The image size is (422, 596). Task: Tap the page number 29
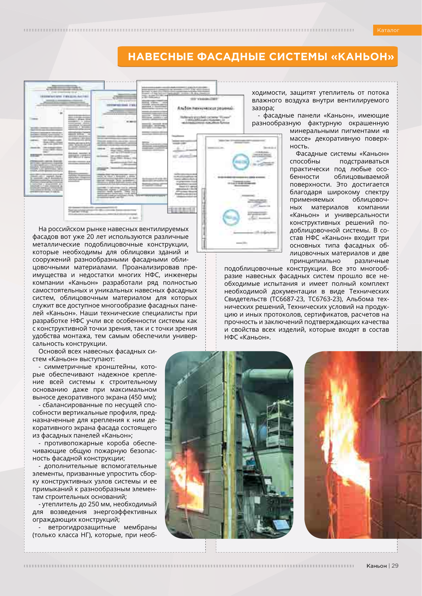click(x=395, y=565)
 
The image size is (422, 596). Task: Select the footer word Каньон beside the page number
click(x=376, y=566)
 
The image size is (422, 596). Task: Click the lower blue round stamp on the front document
click(x=231, y=217)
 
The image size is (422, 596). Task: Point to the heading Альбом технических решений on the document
click(x=205, y=108)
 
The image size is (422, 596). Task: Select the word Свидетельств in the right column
click(x=246, y=299)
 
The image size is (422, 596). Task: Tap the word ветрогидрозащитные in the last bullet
click(x=82, y=527)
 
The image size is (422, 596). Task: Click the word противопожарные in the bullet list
click(x=74, y=443)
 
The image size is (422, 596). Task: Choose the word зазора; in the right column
click(x=263, y=108)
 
